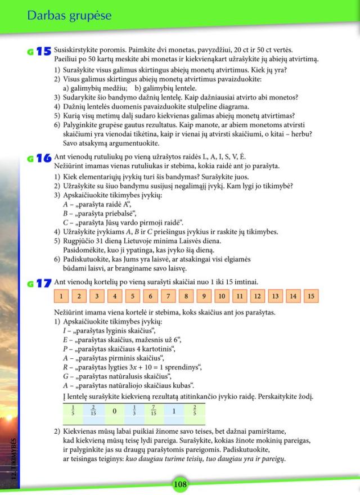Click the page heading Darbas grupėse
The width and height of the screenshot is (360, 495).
[69, 16]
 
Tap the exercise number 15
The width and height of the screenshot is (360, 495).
[43, 52]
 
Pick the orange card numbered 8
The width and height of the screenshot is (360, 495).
[185, 296]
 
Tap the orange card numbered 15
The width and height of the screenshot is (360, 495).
[310, 296]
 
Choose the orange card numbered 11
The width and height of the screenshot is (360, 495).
[238, 296]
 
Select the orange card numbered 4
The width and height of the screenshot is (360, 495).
[114, 296]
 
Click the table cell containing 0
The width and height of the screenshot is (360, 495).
[114, 411]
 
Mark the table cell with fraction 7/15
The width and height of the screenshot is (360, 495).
[154, 411]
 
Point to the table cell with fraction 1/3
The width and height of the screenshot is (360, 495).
[134, 411]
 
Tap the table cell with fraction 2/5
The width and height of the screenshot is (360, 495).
[194, 411]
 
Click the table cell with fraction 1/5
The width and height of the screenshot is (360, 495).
[73, 411]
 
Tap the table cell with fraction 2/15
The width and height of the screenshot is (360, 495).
[93, 411]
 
